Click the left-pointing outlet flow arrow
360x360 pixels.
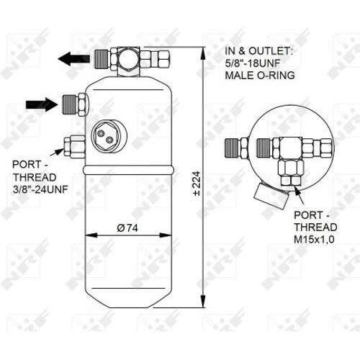click(74, 58)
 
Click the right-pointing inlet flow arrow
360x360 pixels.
click(42, 104)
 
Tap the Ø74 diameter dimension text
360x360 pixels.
click(127, 228)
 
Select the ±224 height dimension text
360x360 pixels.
click(197, 184)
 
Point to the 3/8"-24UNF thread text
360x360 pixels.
click(40, 190)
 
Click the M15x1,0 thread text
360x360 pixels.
click(314, 240)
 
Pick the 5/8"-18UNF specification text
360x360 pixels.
click(253, 63)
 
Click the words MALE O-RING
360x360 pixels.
click(260, 76)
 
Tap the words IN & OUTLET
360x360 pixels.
click(258, 51)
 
